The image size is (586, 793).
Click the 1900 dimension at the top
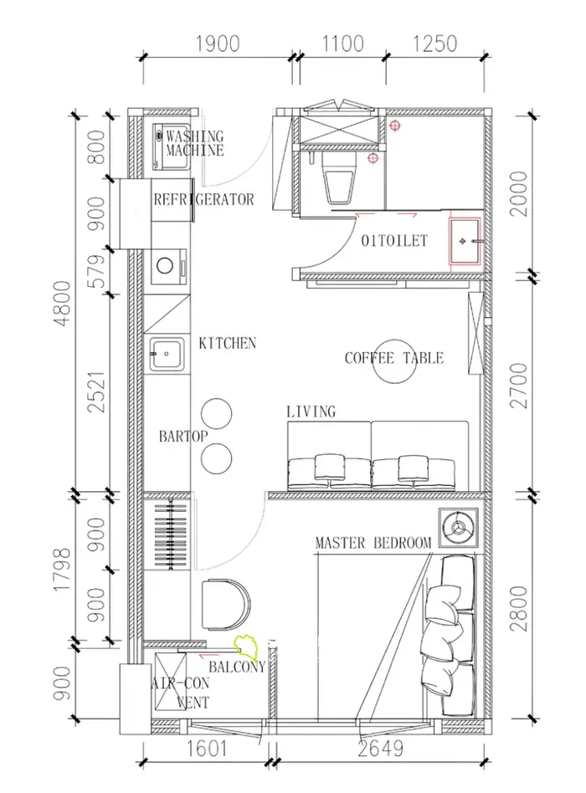pos(218,44)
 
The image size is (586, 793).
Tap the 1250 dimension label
pos(434,44)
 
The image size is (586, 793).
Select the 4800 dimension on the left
pos(63,304)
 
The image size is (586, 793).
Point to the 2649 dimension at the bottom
pos(381,748)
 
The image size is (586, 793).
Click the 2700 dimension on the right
pos(519,386)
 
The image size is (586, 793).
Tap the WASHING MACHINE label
pos(195,143)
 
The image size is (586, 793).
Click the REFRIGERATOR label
pos(203,199)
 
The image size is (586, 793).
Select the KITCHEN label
pos(227,344)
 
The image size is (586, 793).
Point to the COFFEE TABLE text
pos(394,358)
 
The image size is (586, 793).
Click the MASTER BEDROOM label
pos(373,543)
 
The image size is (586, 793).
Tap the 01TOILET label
pos(394,241)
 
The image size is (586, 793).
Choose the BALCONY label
pos(237,667)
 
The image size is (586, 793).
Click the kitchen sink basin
pos(167,353)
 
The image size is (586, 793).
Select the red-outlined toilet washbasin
pos(465,241)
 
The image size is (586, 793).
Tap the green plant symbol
pos(246,647)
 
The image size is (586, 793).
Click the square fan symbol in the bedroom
pos(458,528)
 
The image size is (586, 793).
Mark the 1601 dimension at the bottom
pos(207,748)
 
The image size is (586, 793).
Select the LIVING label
pos(311,412)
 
